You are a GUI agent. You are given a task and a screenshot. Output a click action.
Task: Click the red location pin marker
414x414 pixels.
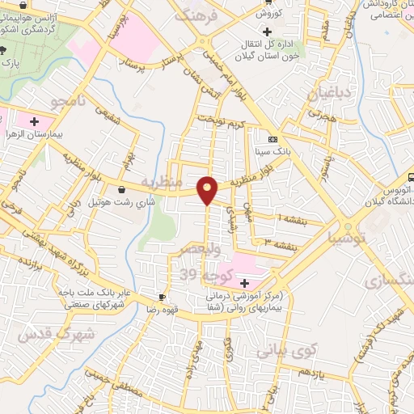209,188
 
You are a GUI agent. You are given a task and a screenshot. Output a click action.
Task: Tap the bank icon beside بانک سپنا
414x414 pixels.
272,138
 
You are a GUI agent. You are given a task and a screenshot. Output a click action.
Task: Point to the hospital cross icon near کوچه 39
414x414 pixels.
245,281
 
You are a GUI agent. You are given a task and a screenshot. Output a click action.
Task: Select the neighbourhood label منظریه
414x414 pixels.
158,180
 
